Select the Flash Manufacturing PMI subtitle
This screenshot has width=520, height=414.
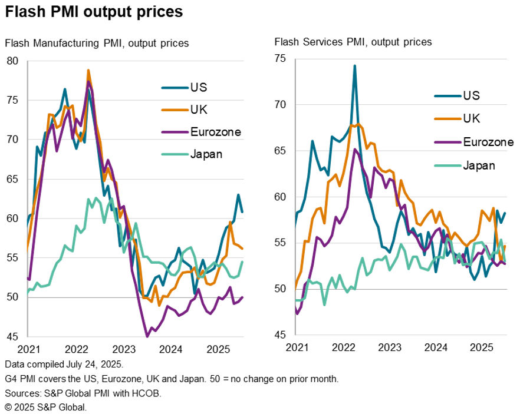pyautogui.click(x=97, y=43)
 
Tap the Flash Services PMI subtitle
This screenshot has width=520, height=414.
pyautogui.click(x=353, y=42)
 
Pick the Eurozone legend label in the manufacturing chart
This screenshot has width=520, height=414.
pyautogui.click(x=216, y=132)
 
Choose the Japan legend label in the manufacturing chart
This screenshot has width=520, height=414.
pyautogui.click(x=206, y=154)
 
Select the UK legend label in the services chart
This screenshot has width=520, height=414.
pyautogui.click(x=472, y=118)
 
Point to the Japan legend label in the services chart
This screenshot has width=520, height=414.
pyautogui.click(x=478, y=165)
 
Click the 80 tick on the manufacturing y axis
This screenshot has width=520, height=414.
pyautogui.click(x=13, y=61)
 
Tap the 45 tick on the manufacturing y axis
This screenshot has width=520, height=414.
pyautogui.click(x=13, y=337)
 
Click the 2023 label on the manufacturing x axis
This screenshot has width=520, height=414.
pyautogui.click(x=125, y=349)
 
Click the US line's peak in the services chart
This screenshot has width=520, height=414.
pyautogui.click(x=355, y=65)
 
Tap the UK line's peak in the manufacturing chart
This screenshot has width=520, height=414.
pyautogui.click(x=88, y=70)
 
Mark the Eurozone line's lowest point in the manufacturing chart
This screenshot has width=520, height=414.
pyautogui.click(x=147, y=336)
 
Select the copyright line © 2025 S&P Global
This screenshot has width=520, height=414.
pyautogui.click(x=46, y=407)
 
